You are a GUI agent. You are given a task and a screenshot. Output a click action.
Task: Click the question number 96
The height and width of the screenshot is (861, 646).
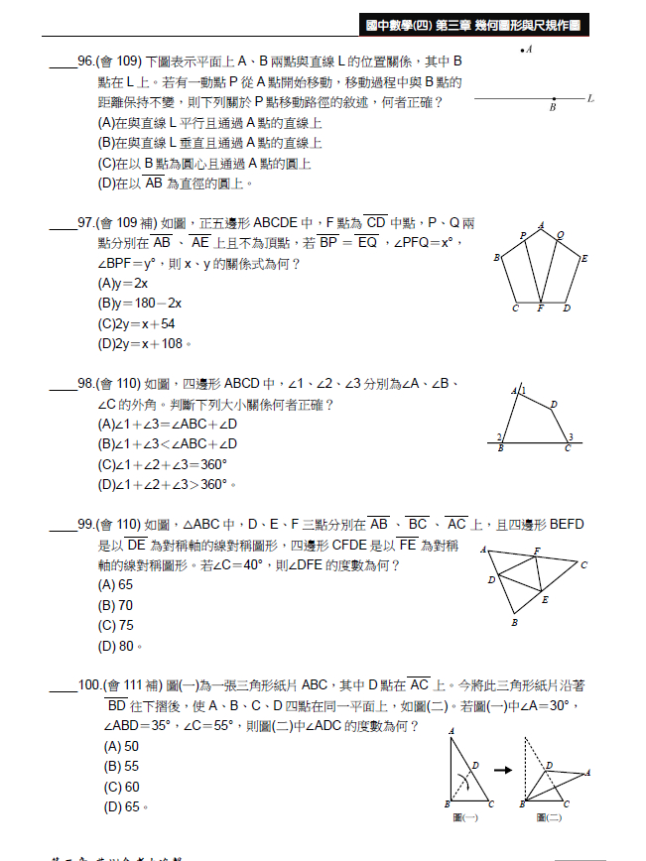click(86, 61)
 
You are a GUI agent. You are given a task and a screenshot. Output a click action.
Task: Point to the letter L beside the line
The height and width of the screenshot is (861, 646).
click(590, 98)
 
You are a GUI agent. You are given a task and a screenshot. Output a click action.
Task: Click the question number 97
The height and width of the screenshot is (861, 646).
click(86, 223)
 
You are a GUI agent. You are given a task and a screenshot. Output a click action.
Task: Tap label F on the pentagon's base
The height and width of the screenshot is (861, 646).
click(540, 308)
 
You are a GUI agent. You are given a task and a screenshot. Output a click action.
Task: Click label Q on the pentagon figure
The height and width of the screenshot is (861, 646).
click(561, 235)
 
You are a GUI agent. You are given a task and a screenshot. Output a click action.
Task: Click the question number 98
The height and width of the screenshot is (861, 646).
click(86, 384)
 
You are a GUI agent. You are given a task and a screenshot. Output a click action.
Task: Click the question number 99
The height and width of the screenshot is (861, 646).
click(86, 524)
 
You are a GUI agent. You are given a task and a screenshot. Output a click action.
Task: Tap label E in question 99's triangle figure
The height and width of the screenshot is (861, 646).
click(545, 599)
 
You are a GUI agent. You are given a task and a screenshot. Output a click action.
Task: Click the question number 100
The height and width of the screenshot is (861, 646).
click(89, 685)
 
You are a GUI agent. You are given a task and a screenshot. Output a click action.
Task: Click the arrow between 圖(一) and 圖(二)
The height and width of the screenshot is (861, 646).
click(503, 769)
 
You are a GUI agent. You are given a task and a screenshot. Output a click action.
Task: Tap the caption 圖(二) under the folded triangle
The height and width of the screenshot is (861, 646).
click(549, 816)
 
